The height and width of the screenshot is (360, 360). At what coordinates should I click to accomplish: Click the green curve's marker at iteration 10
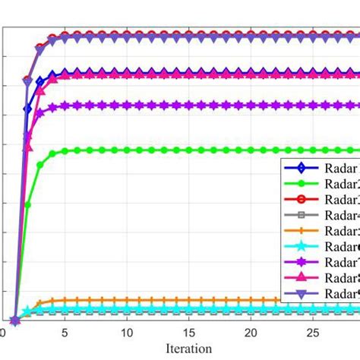(x=127, y=150)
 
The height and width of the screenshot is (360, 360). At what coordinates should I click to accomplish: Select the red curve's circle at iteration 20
(x=251, y=34)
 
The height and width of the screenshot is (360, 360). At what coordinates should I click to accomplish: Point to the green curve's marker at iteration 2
(x=28, y=204)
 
